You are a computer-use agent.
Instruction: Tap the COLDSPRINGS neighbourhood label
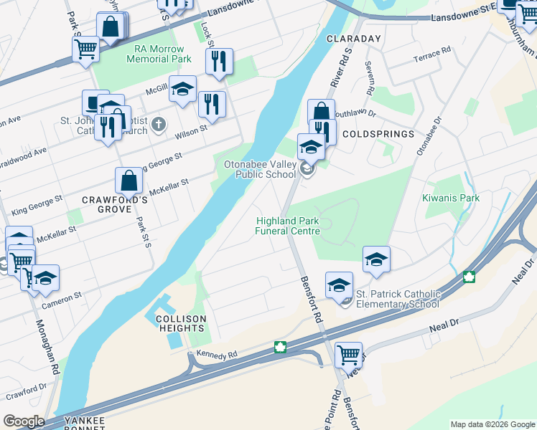tap(378, 134)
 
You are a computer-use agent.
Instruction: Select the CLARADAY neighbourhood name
tap(353, 38)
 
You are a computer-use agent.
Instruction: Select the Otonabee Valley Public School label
tap(259, 169)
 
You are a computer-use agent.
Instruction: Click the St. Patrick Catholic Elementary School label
tap(398, 299)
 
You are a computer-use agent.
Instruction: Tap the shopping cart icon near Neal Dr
tap(348, 353)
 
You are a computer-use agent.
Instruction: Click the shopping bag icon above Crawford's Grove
tap(129, 181)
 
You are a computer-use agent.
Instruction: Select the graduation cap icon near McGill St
tap(182, 88)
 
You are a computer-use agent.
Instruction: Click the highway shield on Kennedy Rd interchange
tap(280, 348)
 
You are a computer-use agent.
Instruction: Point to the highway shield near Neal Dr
tap(470, 277)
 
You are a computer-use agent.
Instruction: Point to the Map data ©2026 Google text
tap(492, 424)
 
